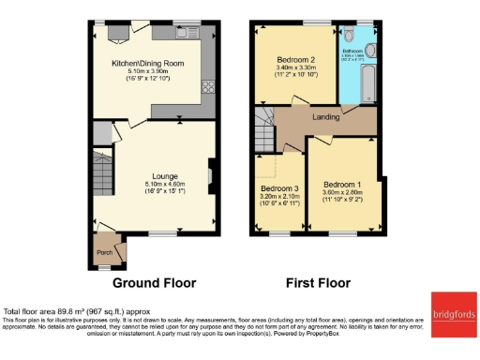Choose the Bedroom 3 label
(278, 187)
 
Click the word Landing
(326, 118)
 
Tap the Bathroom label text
(353, 52)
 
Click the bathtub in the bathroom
(367, 84)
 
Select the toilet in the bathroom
(370, 51)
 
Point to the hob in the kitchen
(207, 91)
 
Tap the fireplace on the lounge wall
(210, 174)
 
